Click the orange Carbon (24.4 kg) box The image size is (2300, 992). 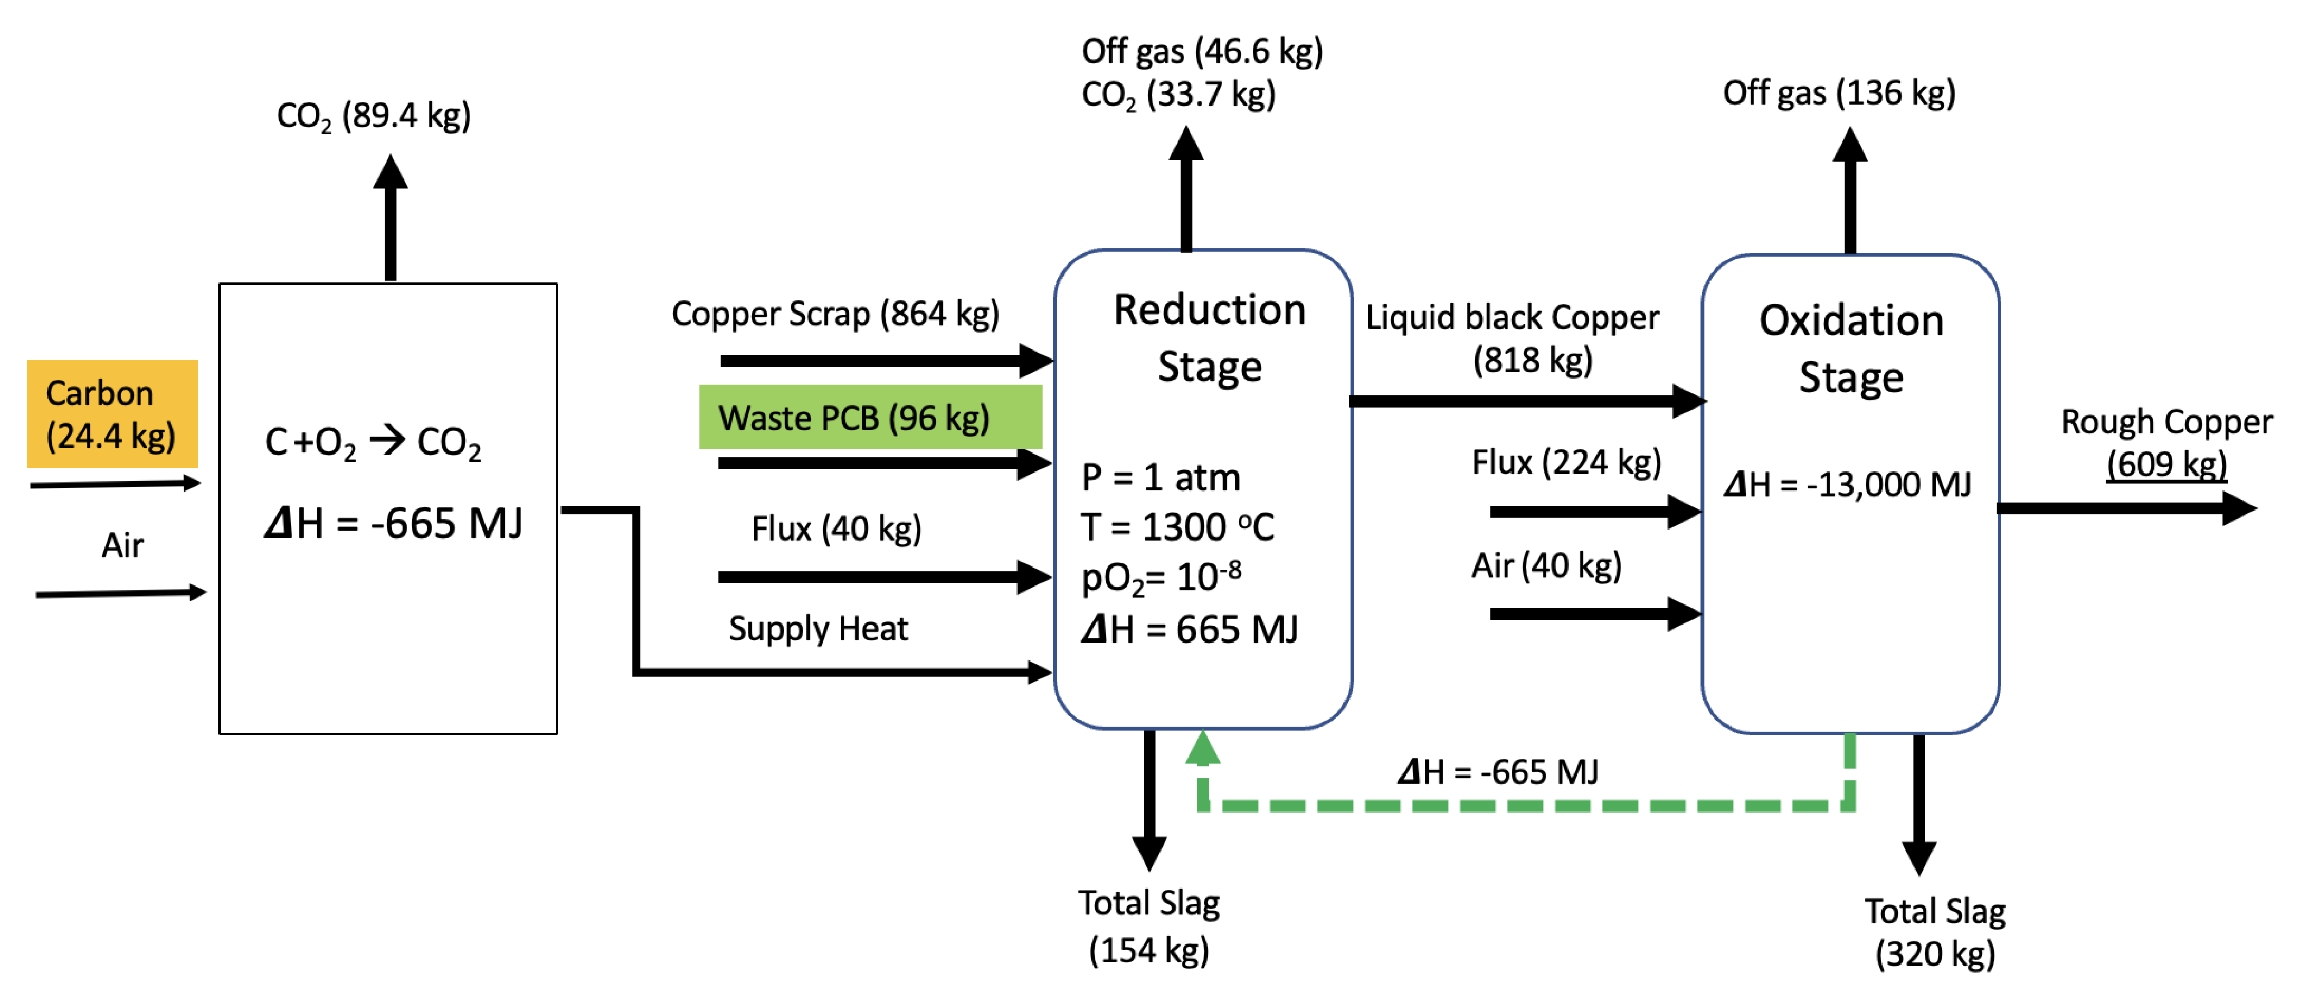(x=111, y=413)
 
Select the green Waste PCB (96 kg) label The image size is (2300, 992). (x=870, y=417)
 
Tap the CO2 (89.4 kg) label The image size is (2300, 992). (x=373, y=115)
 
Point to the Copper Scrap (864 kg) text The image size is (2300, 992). (x=835, y=314)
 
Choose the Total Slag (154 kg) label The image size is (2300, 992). (x=1148, y=926)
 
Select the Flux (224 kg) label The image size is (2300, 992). (x=1565, y=462)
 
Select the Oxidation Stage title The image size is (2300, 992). (x=1851, y=348)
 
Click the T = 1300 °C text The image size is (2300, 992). (x=1177, y=527)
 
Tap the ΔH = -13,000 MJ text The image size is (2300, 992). (x=1847, y=485)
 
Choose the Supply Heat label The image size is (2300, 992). (x=818, y=629)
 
